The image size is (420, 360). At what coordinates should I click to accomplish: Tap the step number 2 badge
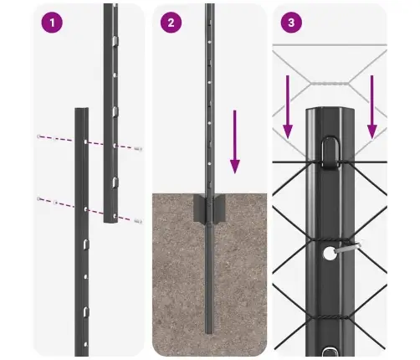171,23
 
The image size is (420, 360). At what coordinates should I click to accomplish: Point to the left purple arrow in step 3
287,105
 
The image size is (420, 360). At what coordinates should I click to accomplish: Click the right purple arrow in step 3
372,105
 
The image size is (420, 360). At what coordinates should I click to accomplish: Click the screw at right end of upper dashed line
138,148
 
